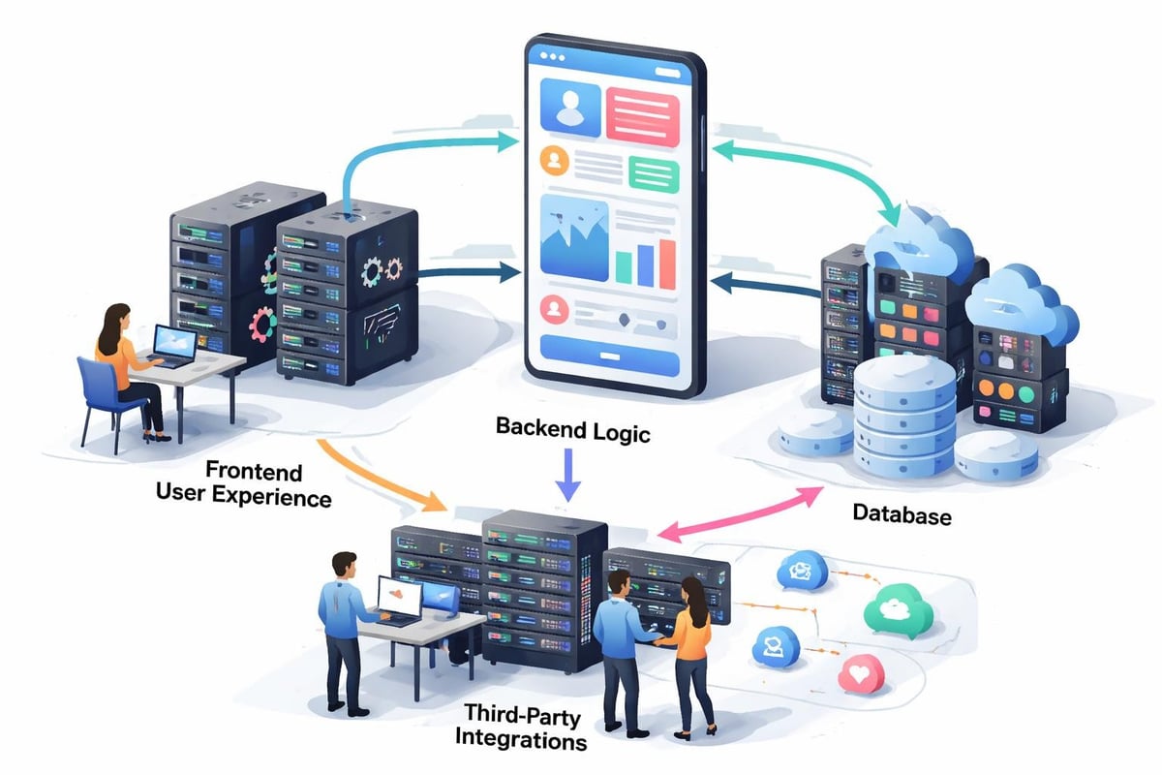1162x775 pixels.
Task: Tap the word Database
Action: (x=901, y=514)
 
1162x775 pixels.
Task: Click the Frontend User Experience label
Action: (x=244, y=485)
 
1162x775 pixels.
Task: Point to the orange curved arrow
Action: (x=378, y=475)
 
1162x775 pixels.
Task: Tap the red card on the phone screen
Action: (x=643, y=112)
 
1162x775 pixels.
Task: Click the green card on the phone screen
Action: (x=655, y=175)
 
